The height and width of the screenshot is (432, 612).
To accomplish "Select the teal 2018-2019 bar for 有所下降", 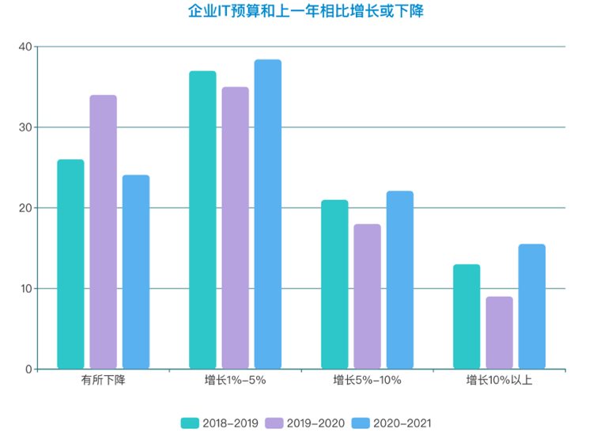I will [x=70, y=264].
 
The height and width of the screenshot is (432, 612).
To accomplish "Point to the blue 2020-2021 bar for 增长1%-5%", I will [x=268, y=214].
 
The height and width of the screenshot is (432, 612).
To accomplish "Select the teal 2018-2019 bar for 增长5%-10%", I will [x=334, y=285].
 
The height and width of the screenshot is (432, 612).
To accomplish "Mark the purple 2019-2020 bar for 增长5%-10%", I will [x=367, y=297].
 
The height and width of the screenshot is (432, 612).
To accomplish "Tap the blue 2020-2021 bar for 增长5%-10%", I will [x=400, y=280].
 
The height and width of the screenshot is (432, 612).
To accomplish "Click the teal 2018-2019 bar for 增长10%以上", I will [x=467, y=316].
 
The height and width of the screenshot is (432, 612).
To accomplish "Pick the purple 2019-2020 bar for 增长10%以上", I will [x=499, y=333].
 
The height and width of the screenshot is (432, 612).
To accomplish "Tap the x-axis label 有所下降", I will [x=103, y=381].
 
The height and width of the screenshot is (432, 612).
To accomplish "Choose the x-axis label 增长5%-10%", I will [x=367, y=381].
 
